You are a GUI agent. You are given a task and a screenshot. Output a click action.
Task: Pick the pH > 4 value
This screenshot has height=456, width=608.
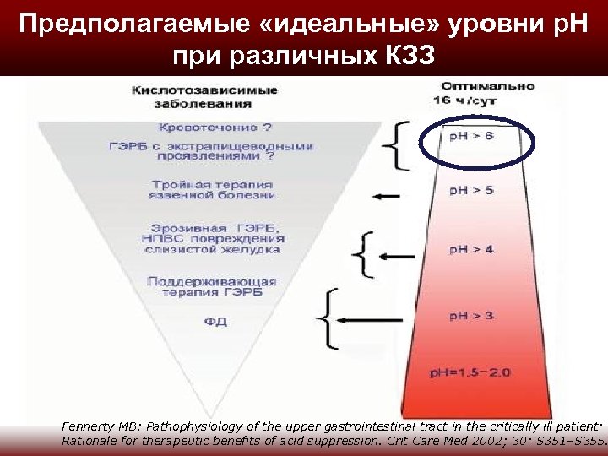click(x=472, y=250)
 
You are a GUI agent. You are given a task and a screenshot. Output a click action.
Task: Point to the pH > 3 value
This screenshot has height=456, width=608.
click(x=472, y=316)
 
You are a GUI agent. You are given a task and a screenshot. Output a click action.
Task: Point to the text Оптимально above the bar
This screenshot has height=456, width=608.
click(x=489, y=87)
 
